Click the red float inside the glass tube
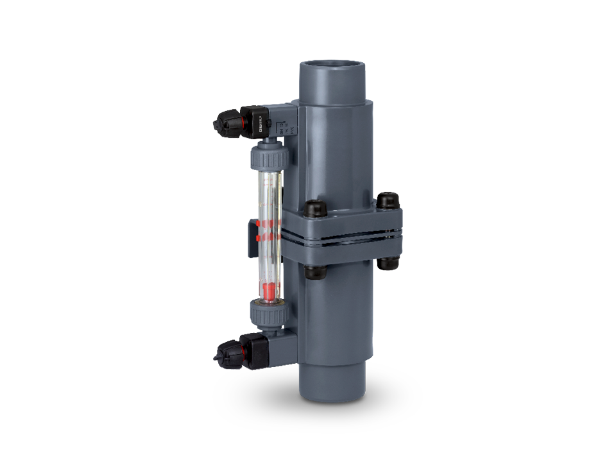click(x=269, y=292)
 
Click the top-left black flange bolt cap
click(x=314, y=209)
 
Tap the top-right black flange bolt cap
click(x=386, y=200)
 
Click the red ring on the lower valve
click(x=243, y=350)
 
